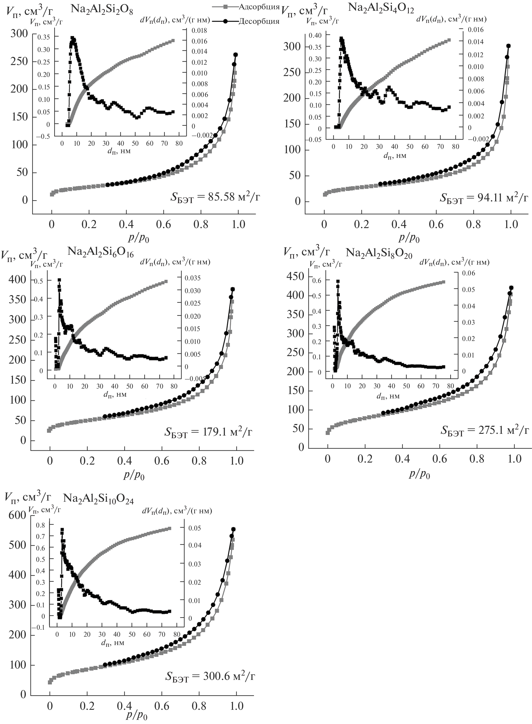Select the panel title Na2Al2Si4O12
point(381,8)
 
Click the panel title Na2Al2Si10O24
point(98,499)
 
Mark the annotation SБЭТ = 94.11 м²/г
point(484,198)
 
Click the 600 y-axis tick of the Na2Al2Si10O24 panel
point(17,515)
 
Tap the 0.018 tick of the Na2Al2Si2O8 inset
point(200,31)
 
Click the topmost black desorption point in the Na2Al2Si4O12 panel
point(509,46)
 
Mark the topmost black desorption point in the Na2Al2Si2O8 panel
point(235,55)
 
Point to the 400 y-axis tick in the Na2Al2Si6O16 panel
point(17,279)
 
